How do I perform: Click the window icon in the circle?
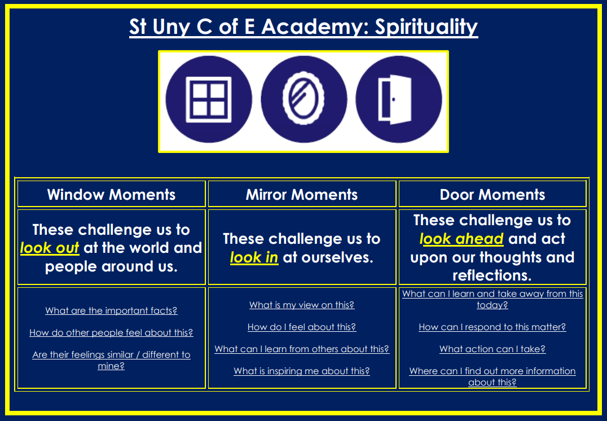coord(209,99)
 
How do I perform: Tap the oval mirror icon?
coord(303,98)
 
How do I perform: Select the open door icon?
coord(395,99)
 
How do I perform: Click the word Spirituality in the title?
coord(426,27)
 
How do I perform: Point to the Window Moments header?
coord(112,195)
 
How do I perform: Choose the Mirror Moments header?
coord(302,195)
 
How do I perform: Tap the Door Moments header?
coord(492,195)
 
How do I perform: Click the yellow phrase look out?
coord(50,248)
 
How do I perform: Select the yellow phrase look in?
coord(254,257)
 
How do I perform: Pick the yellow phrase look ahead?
coord(461,239)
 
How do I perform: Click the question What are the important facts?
coord(112,310)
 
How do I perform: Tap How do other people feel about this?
coord(111,333)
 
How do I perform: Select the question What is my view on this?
coord(302,305)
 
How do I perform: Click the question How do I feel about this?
coord(302,327)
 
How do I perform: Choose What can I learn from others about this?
coord(302,349)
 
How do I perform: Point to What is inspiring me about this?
coord(302,371)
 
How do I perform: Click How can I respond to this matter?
coord(492,327)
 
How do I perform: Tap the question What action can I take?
coord(492,349)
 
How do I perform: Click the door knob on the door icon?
coord(394,99)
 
